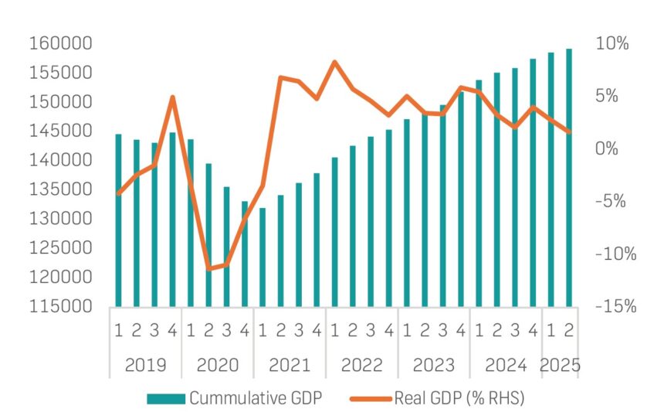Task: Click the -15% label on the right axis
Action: coord(615,306)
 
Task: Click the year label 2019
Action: coord(145,364)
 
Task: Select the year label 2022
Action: coord(361,364)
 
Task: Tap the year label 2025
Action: coord(560,364)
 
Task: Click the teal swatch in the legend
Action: coord(166,399)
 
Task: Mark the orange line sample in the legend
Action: coord(371,399)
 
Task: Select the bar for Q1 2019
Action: coord(118,220)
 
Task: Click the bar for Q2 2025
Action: coord(569,178)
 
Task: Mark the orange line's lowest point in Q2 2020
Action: coord(208,269)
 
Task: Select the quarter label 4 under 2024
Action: coord(533,331)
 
